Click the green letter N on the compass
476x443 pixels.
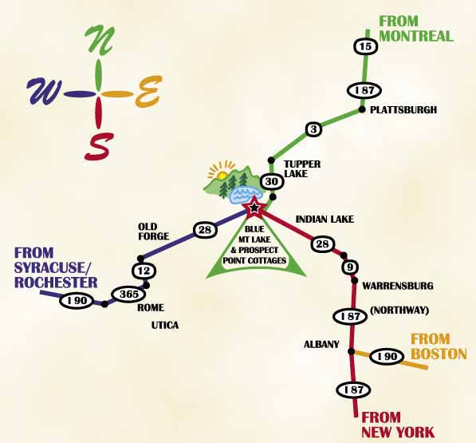click(x=100, y=40)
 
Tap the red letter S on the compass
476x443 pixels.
click(x=100, y=147)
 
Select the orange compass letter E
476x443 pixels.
click(x=148, y=92)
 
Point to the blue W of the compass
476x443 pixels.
click(x=45, y=92)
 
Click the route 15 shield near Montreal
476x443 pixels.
click(x=365, y=46)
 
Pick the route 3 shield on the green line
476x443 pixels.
click(x=313, y=129)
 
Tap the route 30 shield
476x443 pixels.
click(x=272, y=182)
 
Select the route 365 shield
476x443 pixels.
click(x=128, y=294)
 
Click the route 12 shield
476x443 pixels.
click(x=144, y=271)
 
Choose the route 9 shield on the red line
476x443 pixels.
click(x=350, y=267)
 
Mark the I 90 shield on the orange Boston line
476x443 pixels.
click(x=387, y=357)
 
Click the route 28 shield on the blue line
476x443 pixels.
click(x=205, y=230)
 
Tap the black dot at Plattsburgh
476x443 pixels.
click(x=362, y=109)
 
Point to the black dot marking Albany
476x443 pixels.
click(x=352, y=351)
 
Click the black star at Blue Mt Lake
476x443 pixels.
click(x=254, y=208)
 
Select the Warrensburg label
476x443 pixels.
click(x=398, y=286)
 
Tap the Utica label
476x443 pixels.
click(x=165, y=326)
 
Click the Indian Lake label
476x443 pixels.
click(x=325, y=220)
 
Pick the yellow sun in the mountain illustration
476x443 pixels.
click(x=222, y=175)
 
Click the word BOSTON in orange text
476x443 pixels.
click(x=440, y=354)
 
